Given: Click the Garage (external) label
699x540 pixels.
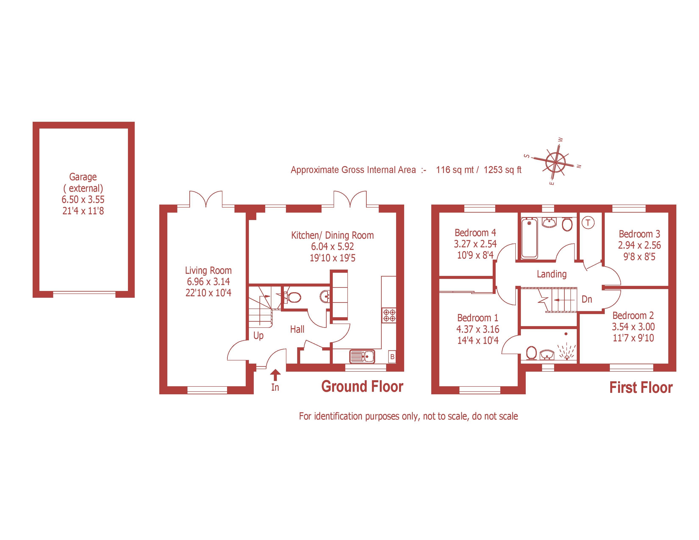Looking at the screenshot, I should (x=83, y=182).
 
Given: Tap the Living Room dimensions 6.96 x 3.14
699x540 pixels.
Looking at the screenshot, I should (x=208, y=281).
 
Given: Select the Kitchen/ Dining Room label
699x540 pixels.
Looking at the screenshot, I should (x=332, y=235).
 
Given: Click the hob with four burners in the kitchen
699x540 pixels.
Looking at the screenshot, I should (x=389, y=315).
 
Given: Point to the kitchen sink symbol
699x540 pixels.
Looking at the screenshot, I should (x=362, y=356).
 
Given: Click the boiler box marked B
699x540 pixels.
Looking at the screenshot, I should (x=392, y=357).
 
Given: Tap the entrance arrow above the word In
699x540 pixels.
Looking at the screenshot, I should (x=275, y=375).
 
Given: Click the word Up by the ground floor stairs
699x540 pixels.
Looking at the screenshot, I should (x=258, y=336).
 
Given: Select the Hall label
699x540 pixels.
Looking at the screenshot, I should (x=297, y=329).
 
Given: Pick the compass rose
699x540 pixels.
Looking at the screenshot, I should (x=556, y=162).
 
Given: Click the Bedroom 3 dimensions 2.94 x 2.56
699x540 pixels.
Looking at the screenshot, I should (x=639, y=245).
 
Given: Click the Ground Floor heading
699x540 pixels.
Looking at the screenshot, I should (x=362, y=386).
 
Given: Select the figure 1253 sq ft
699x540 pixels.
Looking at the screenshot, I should (x=502, y=170).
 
